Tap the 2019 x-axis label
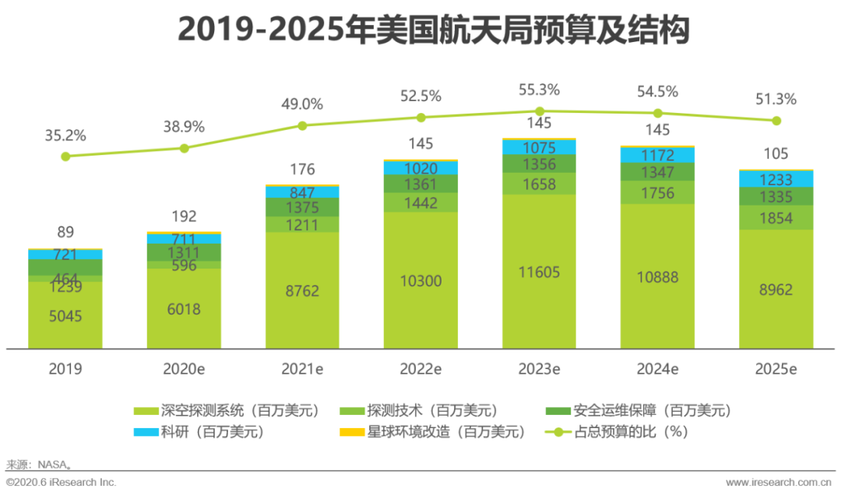click(x=65, y=369)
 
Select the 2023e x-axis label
click(x=539, y=369)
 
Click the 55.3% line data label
click(x=539, y=90)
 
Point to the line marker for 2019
click(x=65, y=156)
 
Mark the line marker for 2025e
click(x=776, y=121)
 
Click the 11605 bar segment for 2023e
click(x=539, y=272)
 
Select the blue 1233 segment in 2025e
click(x=776, y=179)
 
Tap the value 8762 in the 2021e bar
click(x=302, y=290)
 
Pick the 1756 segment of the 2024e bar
click(x=657, y=193)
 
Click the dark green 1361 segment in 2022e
click(x=420, y=184)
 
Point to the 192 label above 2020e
click(x=184, y=216)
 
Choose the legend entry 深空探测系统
click(x=227, y=410)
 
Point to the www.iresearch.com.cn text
click(x=779, y=483)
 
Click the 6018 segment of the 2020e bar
click(x=184, y=309)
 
